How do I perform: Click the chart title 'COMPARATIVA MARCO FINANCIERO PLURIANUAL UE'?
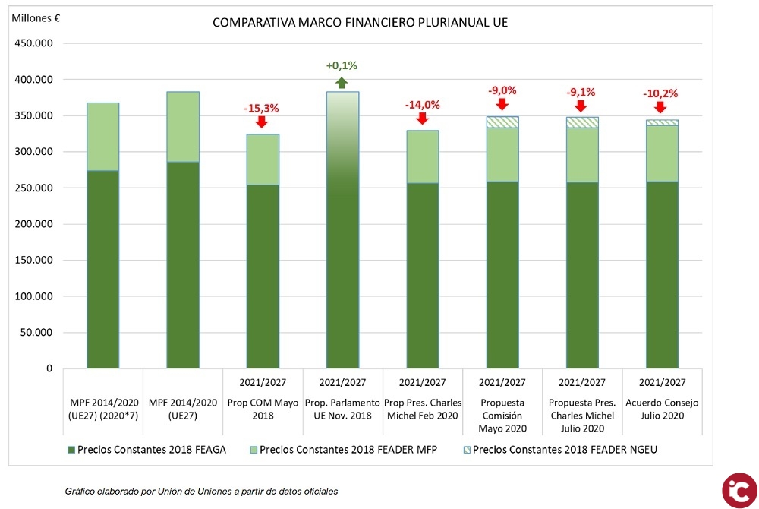click(x=360, y=23)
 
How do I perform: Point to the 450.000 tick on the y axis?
click(x=33, y=43)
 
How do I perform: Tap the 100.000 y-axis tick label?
click(x=33, y=296)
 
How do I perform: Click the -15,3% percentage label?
click(x=261, y=108)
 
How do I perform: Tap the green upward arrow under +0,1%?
click(x=342, y=83)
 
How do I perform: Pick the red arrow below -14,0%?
click(x=421, y=120)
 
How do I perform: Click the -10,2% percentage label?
click(x=660, y=94)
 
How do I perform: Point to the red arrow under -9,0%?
click(x=502, y=105)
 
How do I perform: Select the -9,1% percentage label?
click(x=581, y=93)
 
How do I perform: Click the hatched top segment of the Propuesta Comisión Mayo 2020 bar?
click(x=502, y=122)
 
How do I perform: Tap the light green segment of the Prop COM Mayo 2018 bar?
click(x=262, y=160)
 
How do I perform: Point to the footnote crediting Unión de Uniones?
click(x=201, y=492)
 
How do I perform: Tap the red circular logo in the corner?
click(x=739, y=489)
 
